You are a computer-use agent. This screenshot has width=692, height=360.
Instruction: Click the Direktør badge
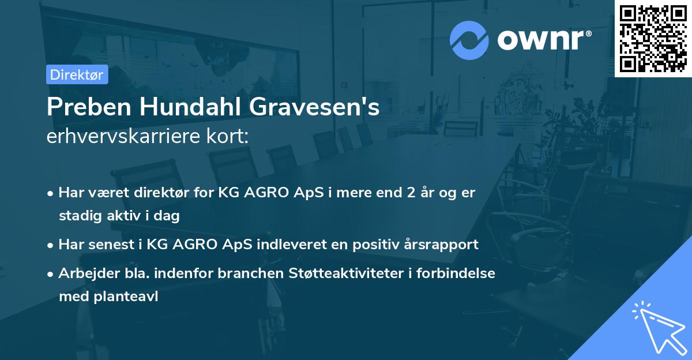[77, 74]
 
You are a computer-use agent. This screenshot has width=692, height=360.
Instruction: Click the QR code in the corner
[653, 38]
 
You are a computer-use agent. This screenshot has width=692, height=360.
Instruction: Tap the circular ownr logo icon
[469, 40]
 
